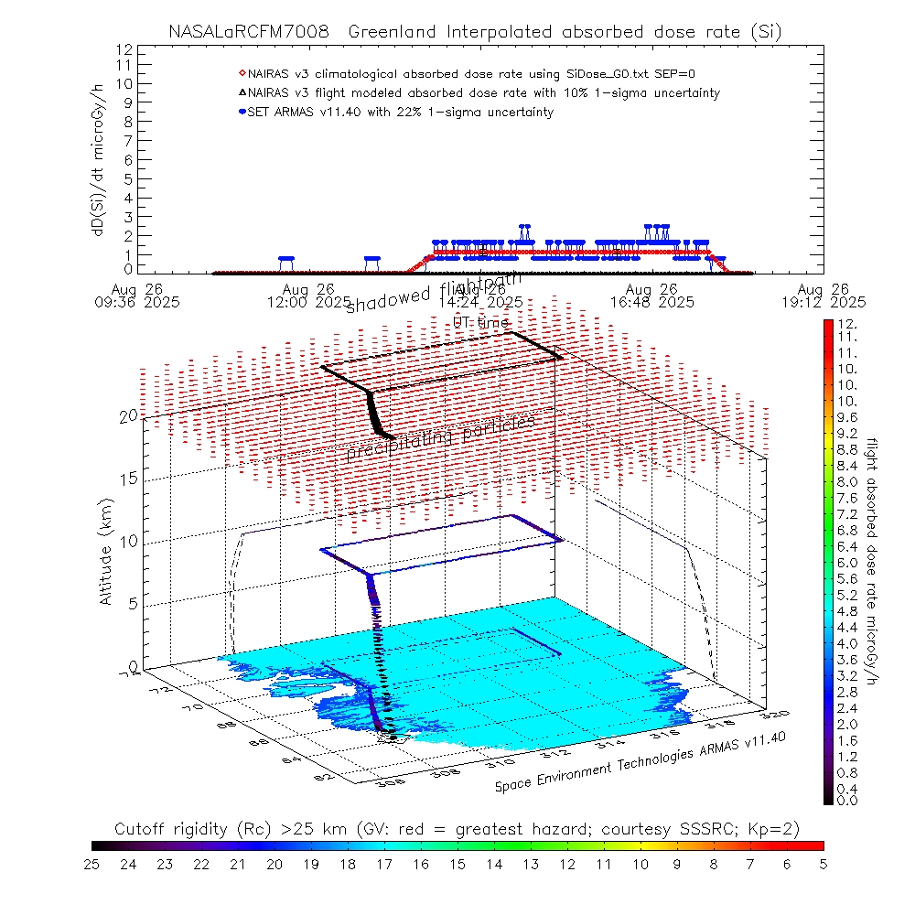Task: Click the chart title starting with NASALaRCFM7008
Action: coord(475,32)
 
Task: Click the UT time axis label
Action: coord(481,322)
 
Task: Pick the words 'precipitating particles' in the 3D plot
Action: coord(440,437)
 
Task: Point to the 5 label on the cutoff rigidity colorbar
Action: coord(823,864)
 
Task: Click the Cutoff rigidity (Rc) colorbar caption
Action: coord(457,829)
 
